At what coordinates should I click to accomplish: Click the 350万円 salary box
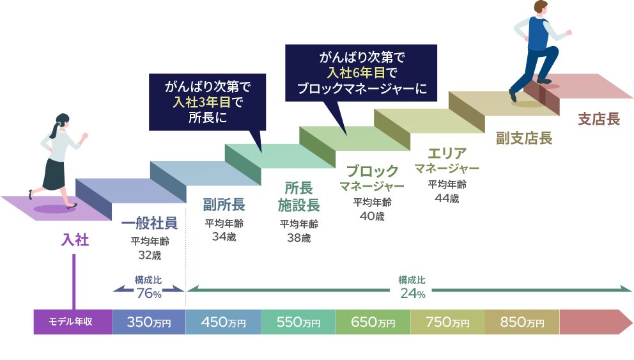[x=149, y=322]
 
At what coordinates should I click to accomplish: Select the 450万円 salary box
[x=223, y=322]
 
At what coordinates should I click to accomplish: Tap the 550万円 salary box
[x=298, y=322]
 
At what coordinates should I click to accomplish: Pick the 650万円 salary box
[x=373, y=322]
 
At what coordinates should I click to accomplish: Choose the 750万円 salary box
[x=448, y=322]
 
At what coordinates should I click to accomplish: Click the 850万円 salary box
[x=522, y=322]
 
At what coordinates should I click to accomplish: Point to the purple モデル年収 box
[x=72, y=322]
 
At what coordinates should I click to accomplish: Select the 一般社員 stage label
[x=149, y=223]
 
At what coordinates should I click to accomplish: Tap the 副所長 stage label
[x=224, y=205]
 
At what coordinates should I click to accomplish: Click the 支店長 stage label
[x=598, y=119]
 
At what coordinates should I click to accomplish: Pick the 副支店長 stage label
[x=524, y=138]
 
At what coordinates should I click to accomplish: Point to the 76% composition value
[x=149, y=293]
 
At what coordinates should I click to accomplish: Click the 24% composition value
[x=412, y=293]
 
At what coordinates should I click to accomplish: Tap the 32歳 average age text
[x=149, y=255]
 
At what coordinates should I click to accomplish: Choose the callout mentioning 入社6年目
[x=361, y=72]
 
